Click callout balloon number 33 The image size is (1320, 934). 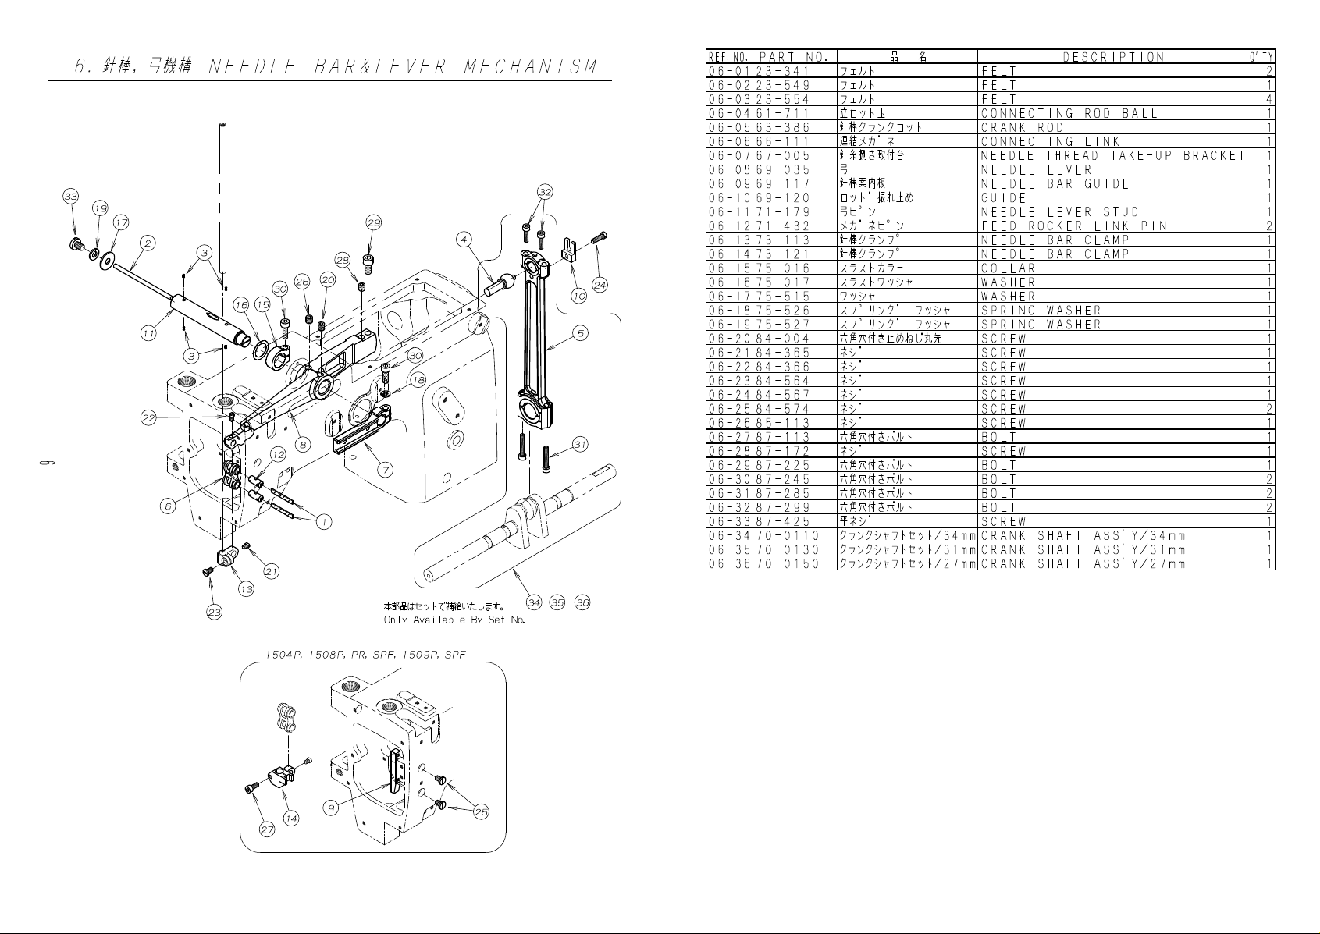coord(71,196)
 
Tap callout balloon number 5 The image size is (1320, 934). coord(581,333)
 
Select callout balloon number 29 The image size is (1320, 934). coord(374,222)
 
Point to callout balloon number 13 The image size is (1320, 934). coord(246,589)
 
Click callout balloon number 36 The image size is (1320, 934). coord(582,602)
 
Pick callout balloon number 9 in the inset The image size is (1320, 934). coord(332,808)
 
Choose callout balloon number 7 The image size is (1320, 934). coord(385,470)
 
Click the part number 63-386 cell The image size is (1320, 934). coord(783,127)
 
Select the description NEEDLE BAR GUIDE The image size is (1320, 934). coord(1055,183)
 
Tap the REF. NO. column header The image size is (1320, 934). coord(729,57)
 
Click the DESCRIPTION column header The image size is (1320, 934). coord(1113,57)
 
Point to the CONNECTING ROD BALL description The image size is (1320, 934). coord(1069,113)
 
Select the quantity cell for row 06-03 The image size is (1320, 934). coord(1268,99)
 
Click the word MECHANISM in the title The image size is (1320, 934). coord(530,66)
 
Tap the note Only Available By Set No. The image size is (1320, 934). coord(454,620)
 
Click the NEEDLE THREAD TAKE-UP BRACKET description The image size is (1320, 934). coord(1112,155)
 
